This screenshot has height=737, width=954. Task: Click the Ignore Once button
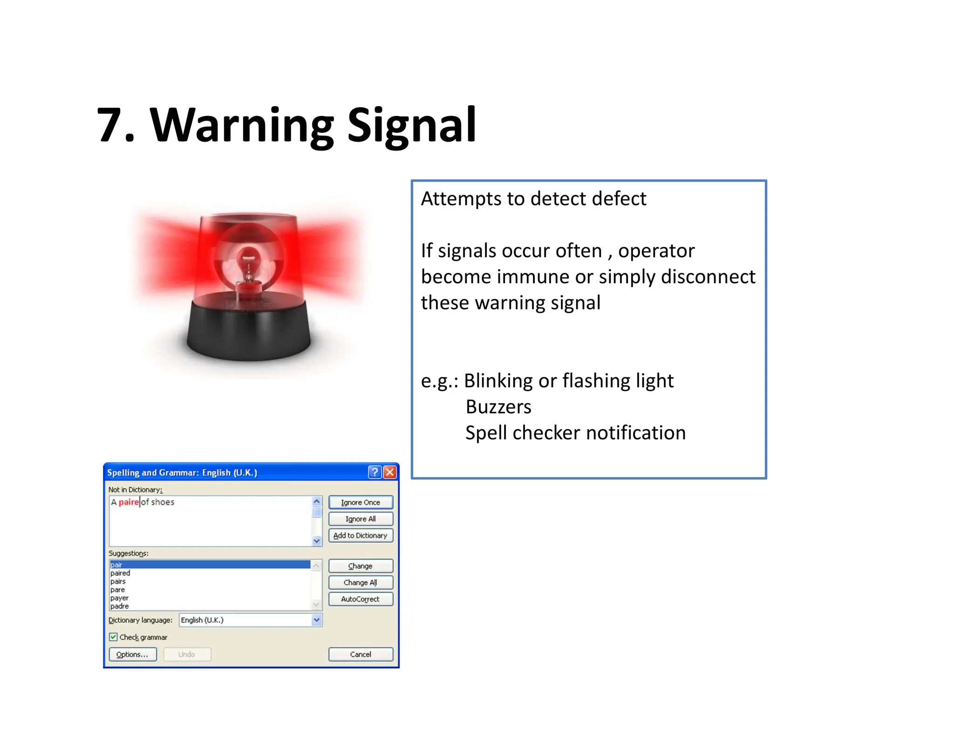click(x=360, y=502)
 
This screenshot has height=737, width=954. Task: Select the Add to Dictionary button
click(x=360, y=535)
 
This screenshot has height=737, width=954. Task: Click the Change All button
click(x=360, y=582)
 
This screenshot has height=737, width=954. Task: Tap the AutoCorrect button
click(x=360, y=599)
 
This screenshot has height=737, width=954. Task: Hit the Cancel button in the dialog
click(x=360, y=654)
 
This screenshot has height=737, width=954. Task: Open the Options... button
click(x=132, y=654)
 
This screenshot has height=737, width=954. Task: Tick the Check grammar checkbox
click(x=113, y=637)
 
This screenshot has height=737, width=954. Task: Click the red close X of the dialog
click(x=390, y=472)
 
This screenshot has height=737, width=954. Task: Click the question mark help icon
click(x=375, y=472)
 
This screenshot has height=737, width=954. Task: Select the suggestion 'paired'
click(x=120, y=573)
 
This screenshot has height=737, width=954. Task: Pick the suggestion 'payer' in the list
click(x=119, y=598)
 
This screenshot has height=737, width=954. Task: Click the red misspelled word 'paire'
click(x=129, y=502)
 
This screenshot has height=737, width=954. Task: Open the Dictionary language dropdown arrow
click(x=317, y=620)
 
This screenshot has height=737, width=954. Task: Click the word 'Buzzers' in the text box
click(x=498, y=407)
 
